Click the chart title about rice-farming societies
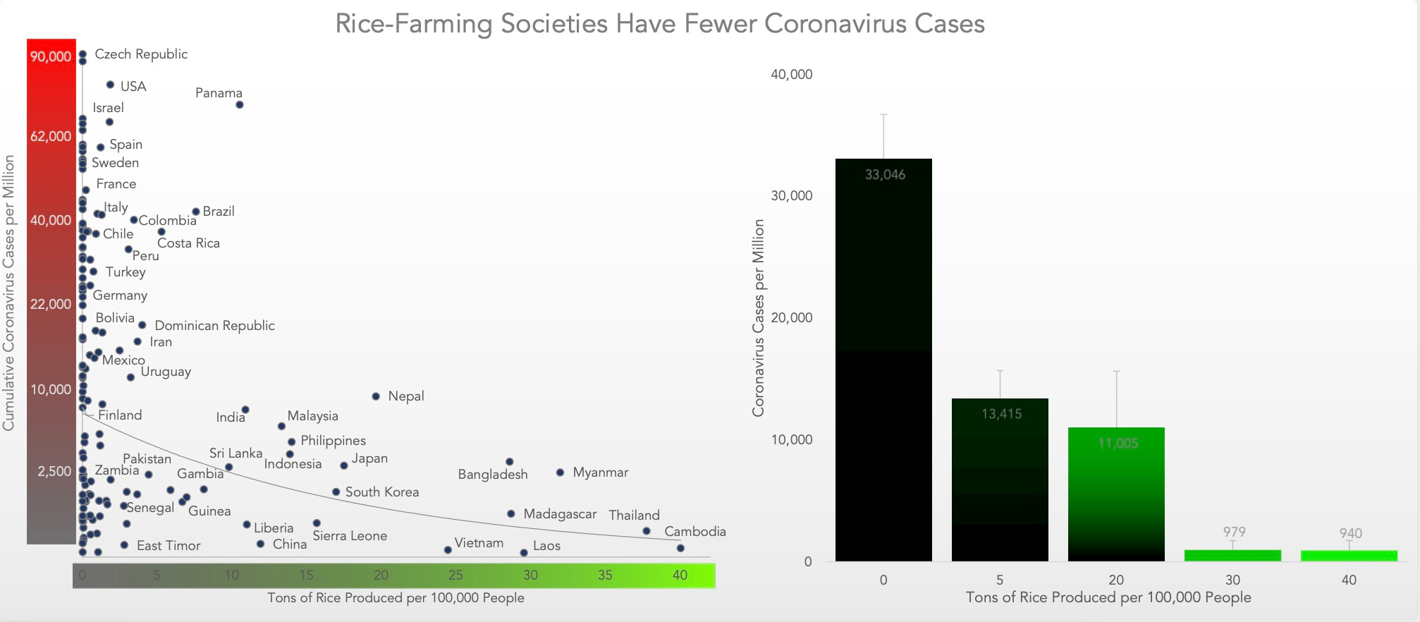click(x=659, y=24)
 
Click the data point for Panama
click(x=240, y=105)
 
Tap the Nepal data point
click(x=376, y=396)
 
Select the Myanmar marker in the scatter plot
click(x=560, y=472)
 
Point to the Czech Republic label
click(x=141, y=54)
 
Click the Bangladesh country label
click(x=493, y=475)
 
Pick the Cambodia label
click(x=694, y=532)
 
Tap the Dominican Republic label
click(x=214, y=326)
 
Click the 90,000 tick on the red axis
click(x=51, y=56)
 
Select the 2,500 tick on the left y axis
click(x=54, y=471)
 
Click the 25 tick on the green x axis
click(x=455, y=575)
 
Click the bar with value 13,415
click(x=1000, y=480)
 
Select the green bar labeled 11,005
click(x=1116, y=494)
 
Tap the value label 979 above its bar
click(x=1234, y=532)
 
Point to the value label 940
click(x=1350, y=533)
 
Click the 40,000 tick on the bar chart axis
click(x=791, y=75)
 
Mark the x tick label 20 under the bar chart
click(x=1116, y=580)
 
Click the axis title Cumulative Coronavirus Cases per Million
click(x=9, y=293)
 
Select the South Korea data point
click(x=336, y=492)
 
